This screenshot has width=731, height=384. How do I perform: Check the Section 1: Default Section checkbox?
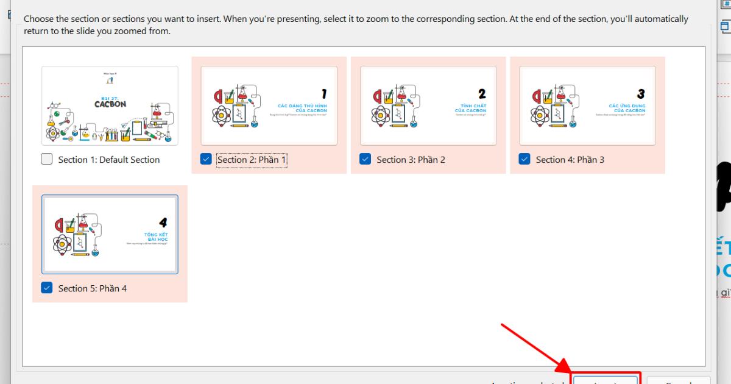click(47, 159)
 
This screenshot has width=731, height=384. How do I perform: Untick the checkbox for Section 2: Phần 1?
click(206, 159)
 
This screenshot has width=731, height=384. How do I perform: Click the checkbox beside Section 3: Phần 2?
click(365, 159)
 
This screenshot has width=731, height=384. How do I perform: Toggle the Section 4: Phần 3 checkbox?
click(524, 159)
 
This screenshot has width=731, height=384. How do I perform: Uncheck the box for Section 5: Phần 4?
click(47, 288)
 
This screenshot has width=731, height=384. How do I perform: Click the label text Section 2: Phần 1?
click(252, 160)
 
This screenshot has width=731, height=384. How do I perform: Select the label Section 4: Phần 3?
click(570, 160)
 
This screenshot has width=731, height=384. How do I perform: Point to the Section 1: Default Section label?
click(108, 160)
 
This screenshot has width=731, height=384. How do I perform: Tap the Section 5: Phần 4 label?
click(92, 288)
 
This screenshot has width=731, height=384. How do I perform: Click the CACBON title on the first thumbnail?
click(110, 104)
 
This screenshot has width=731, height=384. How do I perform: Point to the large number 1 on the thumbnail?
click(324, 94)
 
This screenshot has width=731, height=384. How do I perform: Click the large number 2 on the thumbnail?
click(482, 94)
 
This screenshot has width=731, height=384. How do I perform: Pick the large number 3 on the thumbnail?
click(641, 94)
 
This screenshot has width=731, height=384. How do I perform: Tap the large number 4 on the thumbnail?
click(163, 223)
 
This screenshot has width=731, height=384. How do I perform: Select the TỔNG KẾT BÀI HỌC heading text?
click(156, 237)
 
